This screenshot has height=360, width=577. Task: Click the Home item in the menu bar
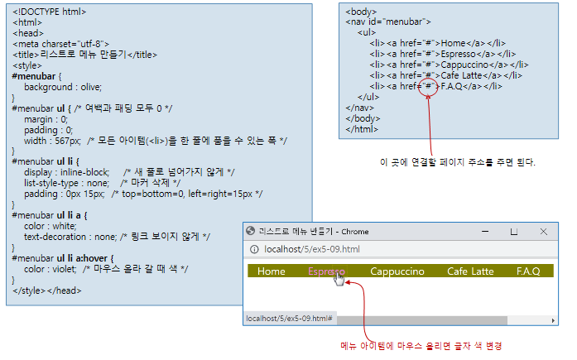[272, 271]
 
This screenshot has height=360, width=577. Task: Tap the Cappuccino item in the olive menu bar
[397, 271]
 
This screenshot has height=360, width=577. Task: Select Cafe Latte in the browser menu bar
[470, 271]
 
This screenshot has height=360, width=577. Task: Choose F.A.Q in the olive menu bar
[528, 271]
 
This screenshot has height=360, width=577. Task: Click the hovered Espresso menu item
[326, 271]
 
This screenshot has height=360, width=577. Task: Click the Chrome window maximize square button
[514, 232]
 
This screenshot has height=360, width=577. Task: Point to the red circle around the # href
[429, 85]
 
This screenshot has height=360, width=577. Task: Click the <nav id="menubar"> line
[388, 22]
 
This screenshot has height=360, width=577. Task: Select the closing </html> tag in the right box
[361, 129]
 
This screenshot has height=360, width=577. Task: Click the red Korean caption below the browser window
[421, 345]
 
